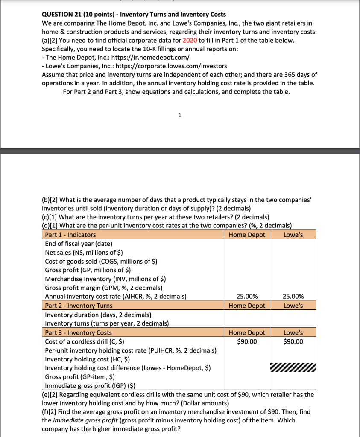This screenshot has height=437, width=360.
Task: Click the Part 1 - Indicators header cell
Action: (x=70, y=235)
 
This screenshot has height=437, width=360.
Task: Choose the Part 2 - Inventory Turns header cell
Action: (x=79, y=306)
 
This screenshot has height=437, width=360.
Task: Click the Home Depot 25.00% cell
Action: (x=247, y=297)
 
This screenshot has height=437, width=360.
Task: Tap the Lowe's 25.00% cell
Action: (x=293, y=297)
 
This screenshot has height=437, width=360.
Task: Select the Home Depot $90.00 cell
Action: (x=247, y=341)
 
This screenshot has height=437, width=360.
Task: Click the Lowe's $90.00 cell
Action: (x=293, y=341)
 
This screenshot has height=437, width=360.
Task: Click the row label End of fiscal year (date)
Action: (x=79, y=244)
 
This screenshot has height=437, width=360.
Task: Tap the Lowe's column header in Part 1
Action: (x=293, y=235)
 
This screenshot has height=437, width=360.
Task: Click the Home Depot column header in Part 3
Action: (x=247, y=332)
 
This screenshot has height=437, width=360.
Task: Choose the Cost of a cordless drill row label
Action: (x=85, y=341)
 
